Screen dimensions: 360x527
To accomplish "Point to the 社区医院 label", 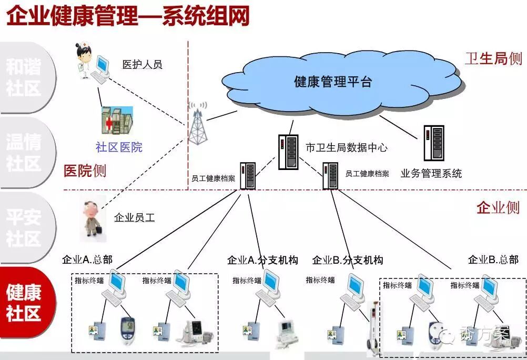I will coord(119,147).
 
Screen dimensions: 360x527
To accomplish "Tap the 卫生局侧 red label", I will coord(493,58).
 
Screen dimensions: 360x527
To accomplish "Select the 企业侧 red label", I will coord(498,207).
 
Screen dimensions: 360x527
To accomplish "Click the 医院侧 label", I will coord(85,171).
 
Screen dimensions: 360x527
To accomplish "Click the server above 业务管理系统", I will coord(434,143).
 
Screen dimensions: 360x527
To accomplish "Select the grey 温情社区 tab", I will coord(24,152).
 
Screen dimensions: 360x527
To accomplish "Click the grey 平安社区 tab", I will coord(24,227).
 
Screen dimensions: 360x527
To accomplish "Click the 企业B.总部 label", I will coord(493,259).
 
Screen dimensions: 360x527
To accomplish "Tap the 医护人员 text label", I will coord(142,65).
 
